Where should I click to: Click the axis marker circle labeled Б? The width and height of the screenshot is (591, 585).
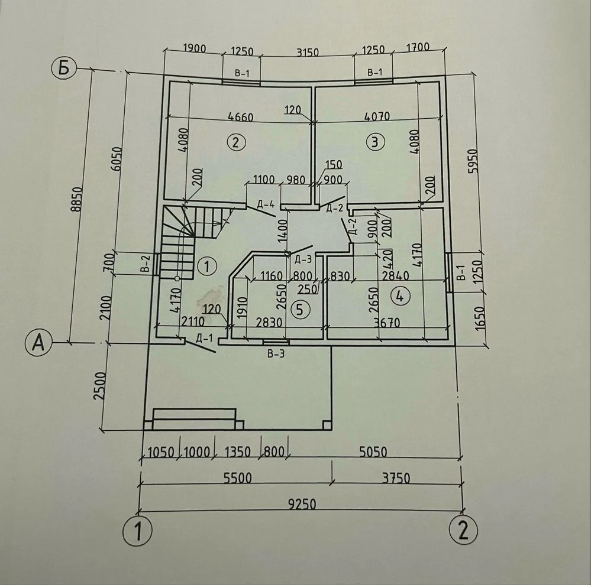point(64,68)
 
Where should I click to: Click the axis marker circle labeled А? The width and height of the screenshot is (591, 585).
point(38,343)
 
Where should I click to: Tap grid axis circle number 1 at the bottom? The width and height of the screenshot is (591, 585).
point(138,531)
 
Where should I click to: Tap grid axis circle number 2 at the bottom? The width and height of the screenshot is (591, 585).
point(464,529)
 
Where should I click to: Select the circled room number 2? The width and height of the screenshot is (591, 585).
point(236,142)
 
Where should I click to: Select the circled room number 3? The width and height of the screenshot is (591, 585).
point(375,142)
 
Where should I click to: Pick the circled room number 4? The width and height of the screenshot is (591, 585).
point(401,296)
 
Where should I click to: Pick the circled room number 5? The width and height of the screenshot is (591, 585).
point(300,309)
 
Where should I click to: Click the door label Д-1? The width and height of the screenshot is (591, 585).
point(204,338)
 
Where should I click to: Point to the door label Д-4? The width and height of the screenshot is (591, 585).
point(266,204)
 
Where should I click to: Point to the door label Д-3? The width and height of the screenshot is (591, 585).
point(303,259)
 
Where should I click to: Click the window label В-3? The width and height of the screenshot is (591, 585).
point(276,353)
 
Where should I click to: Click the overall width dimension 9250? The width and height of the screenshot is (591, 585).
point(302,503)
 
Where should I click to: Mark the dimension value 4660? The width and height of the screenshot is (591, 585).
point(241,116)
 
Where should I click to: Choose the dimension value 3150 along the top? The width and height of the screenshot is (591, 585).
point(308,52)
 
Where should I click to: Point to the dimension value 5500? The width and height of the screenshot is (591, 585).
point(237,477)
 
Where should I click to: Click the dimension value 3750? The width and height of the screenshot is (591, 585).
point(396,478)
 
